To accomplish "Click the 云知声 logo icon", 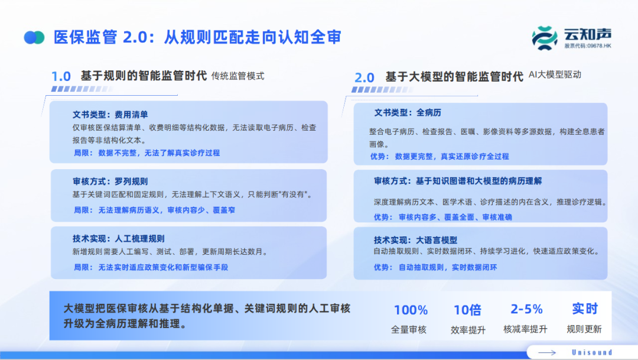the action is pyautogui.click(x=545, y=38).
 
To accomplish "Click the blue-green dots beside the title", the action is pyautogui.click(x=34, y=37).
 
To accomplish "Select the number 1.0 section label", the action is pyautogui.click(x=61, y=76).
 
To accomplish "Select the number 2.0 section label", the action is pyautogui.click(x=364, y=77).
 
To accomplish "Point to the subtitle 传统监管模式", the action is pyautogui.click(x=237, y=76).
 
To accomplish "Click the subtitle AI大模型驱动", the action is pyautogui.click(x=555, y=74).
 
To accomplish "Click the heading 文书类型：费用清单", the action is pyautogui.click(x=110, y=115).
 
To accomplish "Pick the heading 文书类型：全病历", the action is pyautogui.click(x=408, y=112).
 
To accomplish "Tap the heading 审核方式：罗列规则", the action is pyautogui.click(x=110, y=181).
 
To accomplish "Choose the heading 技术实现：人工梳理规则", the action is pyautogui.click(x=119, y=239).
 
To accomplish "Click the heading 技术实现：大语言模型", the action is pyautogui.click(x=416, y=240).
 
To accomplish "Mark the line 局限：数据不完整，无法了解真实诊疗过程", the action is pyautogui.click(x=147, y=153).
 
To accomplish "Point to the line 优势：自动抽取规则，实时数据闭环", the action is pyautogui.click(x=435, y=267).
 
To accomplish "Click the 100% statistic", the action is pyautogui.click(x=411, y=310).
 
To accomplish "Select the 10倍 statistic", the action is pyautogui.click(x=467, y=310).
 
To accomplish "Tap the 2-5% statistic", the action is pyautogui.click(x=526, y=309).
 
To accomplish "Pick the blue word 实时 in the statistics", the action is pyautogui.click(x=585, y=309).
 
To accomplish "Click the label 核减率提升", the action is pyautogui.click(x=525, y=329).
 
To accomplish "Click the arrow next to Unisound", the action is pyautogui.click(x=547, y=353).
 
